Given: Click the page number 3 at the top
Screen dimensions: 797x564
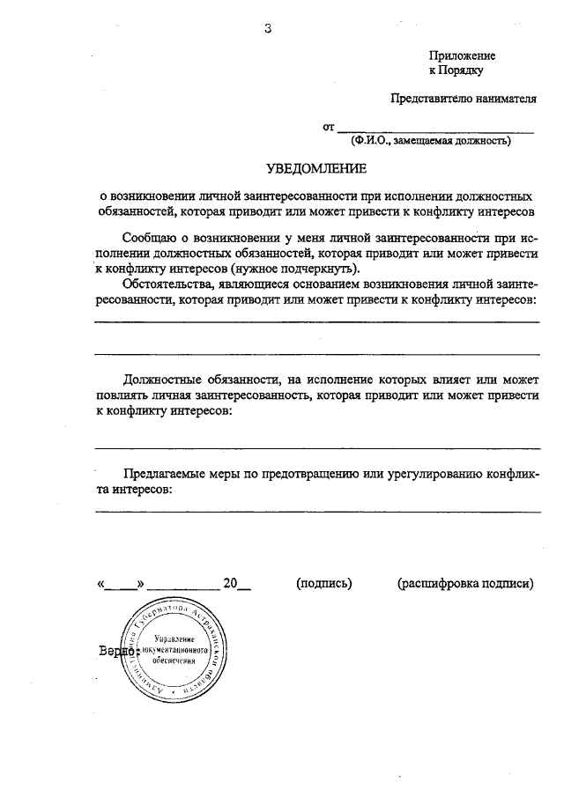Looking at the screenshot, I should pyautogui.click(x=268, y=28).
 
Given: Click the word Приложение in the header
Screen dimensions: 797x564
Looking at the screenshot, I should pyautogui.click(x=462, y=55).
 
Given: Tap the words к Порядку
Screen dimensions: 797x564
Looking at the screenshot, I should pyautogui.click(x=456, y=70).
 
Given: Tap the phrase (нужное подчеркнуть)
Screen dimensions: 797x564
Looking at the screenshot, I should pyautogui.click(x=297, y=268).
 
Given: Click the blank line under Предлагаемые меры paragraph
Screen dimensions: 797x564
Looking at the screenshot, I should pyautogui.click(x=317, y=511).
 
